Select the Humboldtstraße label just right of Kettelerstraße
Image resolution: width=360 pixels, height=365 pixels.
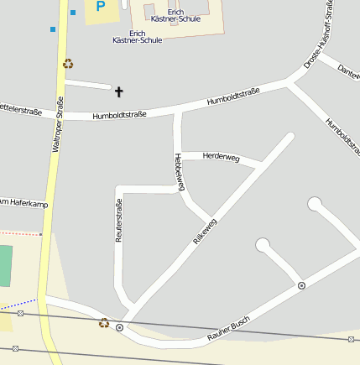pos(119,115)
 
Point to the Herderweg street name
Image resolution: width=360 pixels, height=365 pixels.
pos(222,157)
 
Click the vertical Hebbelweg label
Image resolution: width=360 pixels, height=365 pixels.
pos(178,172)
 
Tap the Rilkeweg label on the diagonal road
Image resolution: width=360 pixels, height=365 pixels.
pos(205,231)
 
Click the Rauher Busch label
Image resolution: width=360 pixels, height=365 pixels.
pos(229,335)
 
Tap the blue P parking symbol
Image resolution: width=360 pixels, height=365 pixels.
pos(101,7)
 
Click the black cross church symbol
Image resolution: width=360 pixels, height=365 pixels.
pos(118,91)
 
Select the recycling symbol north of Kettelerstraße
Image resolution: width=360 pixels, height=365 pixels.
pos(68,63)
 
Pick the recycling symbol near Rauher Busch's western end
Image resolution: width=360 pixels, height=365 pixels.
pos(104,322)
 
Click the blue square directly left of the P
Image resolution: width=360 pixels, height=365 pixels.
pos(73,12)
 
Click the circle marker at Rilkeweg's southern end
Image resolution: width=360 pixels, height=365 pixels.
pos(120,327)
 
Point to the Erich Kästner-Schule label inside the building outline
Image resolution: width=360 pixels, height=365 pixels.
pos(175,15)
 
